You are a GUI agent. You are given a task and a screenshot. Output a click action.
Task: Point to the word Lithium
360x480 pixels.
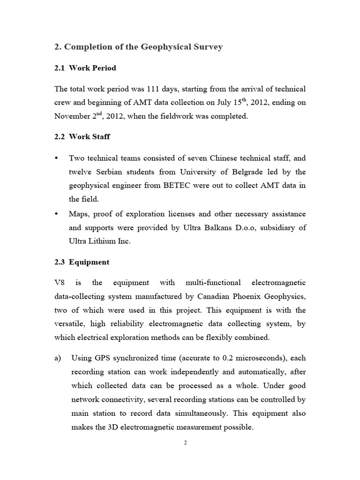point(101,241)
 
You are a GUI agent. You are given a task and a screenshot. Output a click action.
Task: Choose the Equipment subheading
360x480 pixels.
point(89,262)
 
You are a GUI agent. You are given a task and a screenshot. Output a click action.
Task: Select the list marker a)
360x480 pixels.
point(58,358)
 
